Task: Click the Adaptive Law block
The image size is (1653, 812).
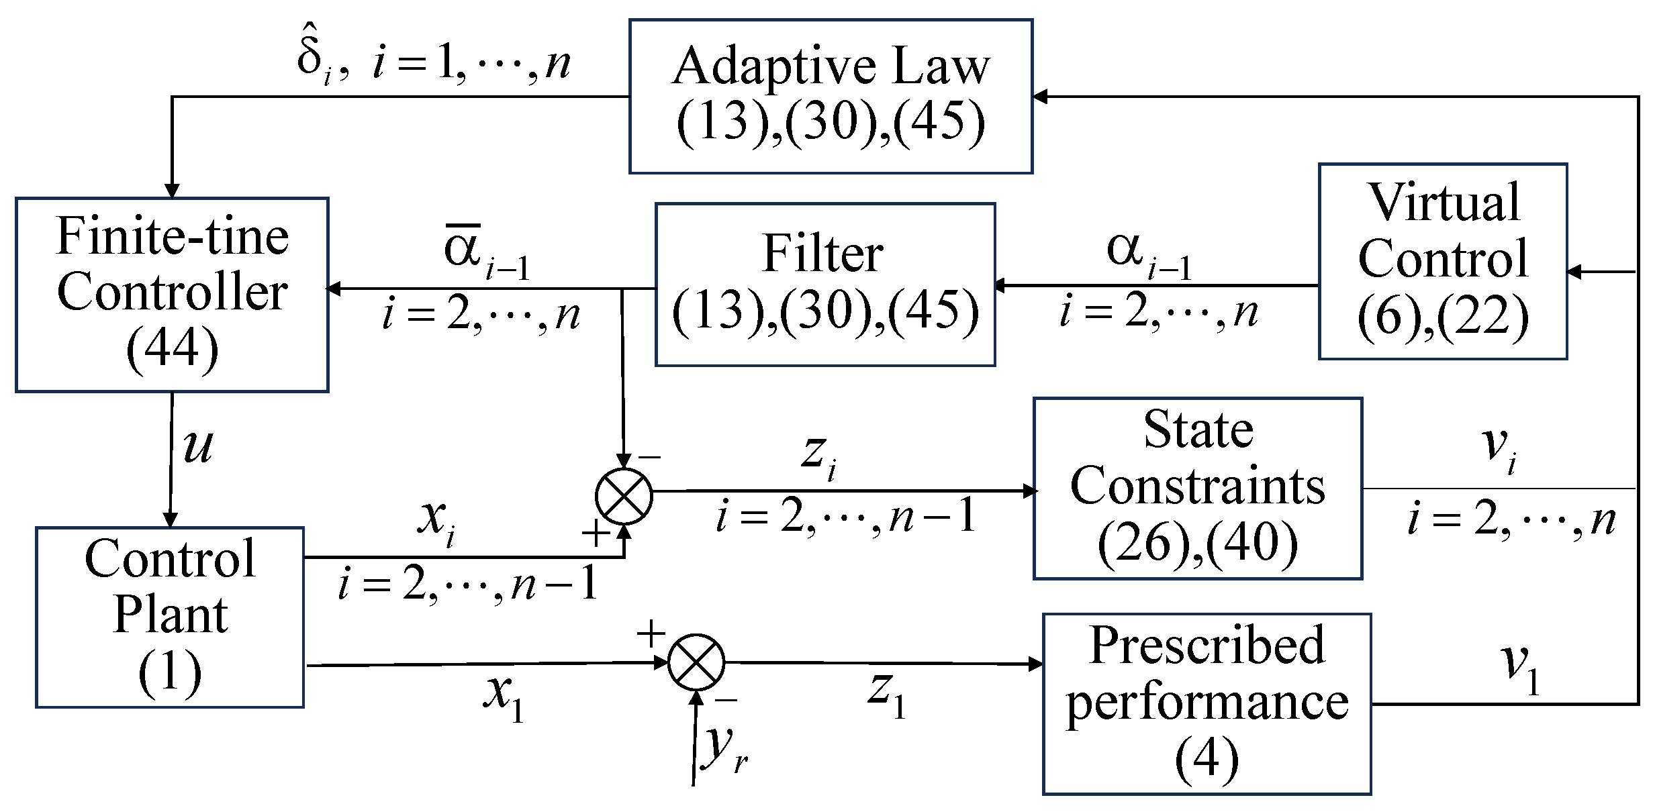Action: point(831,97)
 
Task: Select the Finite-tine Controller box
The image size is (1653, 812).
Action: point(172,294)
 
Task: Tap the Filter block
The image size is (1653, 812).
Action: point(824,285)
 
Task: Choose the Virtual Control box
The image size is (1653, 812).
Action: point(1443,261)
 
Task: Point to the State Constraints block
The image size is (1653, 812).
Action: point(1198,488)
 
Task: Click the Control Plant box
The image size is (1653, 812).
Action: point(170,617)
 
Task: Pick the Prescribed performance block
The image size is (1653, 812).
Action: point(1207,703)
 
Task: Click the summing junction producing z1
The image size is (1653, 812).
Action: point(697,662)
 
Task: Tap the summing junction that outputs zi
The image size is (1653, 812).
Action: point(624,496)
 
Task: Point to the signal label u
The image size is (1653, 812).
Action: point(198,446)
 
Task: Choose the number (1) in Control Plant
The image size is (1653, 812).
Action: point(170,672)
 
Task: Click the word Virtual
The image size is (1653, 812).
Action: point(1444,202)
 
